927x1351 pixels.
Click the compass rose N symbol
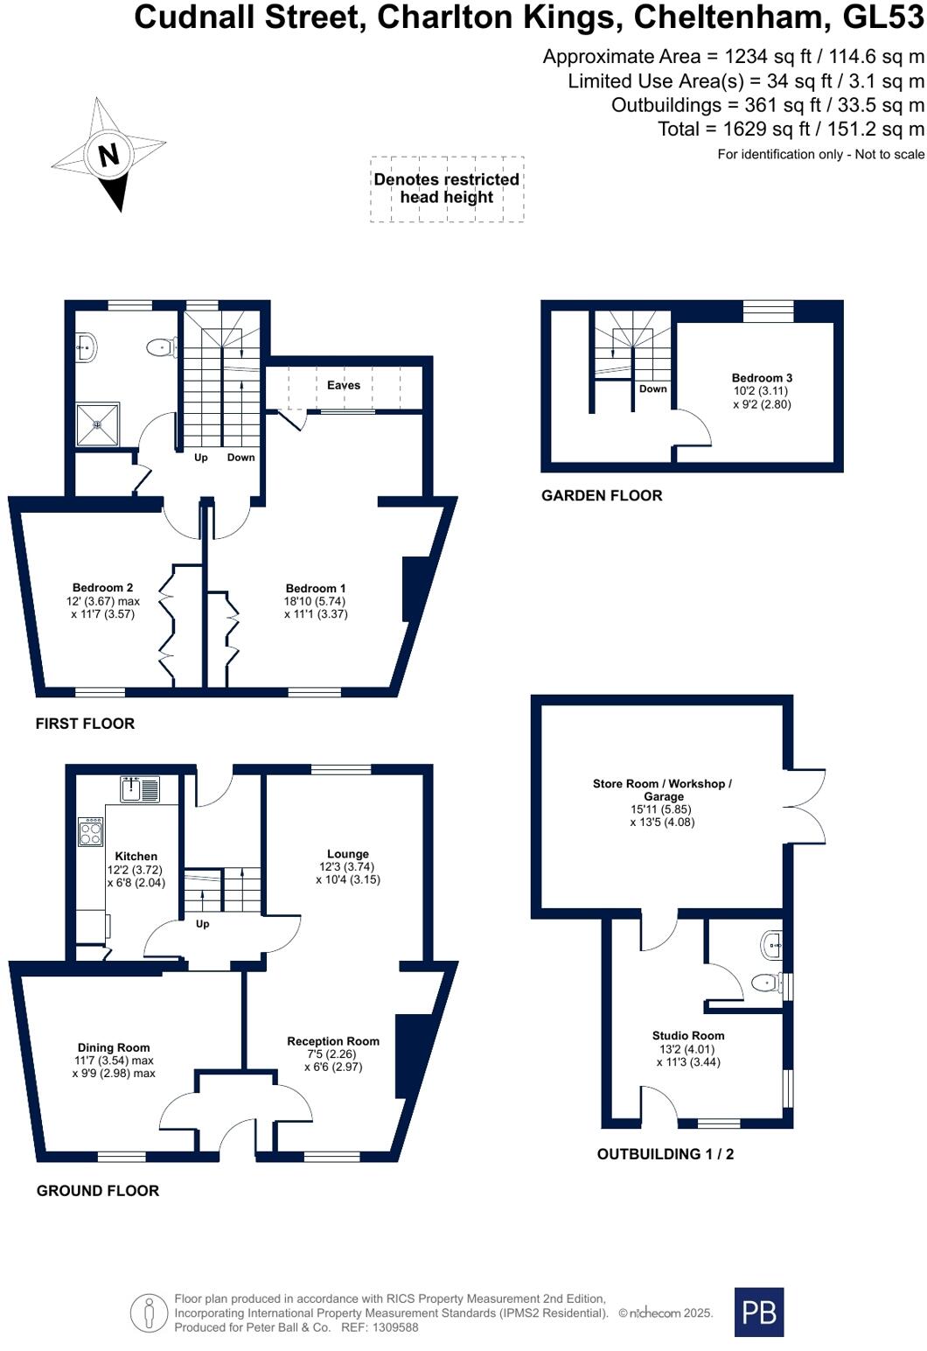coord(108,155)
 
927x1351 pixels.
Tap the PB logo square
coord(758,1312)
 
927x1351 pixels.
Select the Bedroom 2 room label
coord(102,588)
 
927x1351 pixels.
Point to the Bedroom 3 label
coord(762,378)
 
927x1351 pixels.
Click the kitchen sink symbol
coord(140,789)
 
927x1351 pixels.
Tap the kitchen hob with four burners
coord(91,831)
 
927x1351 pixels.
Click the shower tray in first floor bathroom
coord(97,423)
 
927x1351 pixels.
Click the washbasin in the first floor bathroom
coord(85,347)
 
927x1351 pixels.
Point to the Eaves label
coord(344,385)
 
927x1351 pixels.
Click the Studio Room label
coord(688,1036)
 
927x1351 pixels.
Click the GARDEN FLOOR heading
coord(602,495)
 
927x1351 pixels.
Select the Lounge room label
coord(348,854)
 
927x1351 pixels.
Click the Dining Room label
coord(114,1047)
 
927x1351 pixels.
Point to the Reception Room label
coord(333,1041)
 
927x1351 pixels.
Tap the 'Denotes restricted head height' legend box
coord(447,189)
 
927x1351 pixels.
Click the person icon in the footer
coord(149,1313)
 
